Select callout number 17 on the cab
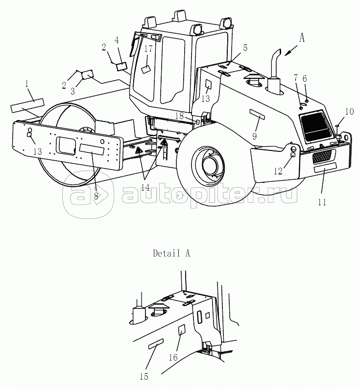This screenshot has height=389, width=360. point(148,49)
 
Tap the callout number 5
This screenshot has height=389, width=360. point(245,48)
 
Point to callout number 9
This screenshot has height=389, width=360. point(254,136)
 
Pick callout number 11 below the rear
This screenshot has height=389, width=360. point(322,201)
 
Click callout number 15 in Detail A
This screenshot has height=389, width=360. point(144,376)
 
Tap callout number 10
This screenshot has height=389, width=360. point(349,112)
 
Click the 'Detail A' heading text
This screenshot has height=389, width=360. point(171,253)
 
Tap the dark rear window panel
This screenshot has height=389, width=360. point(315,126)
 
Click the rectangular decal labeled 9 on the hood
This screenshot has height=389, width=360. point(258,116)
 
